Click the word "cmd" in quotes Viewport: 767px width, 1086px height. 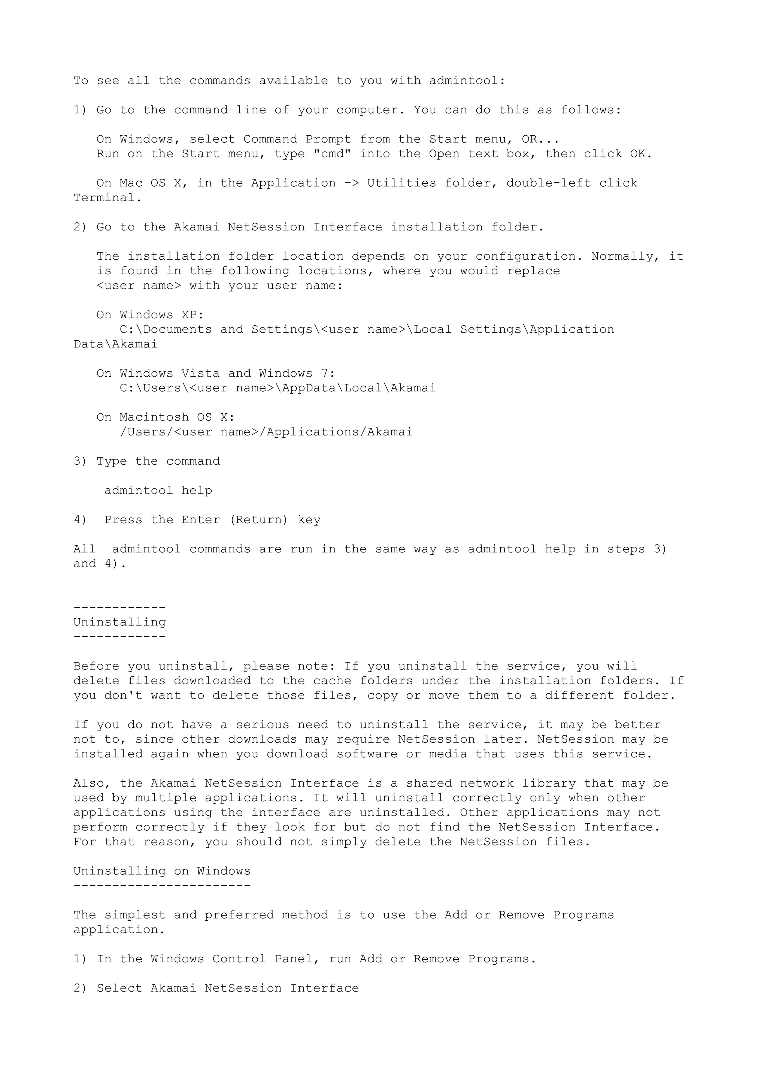[x=332, y=154]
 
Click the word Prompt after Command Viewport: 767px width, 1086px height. [x=328, y=139]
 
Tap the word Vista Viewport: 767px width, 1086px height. [x=200, y=374]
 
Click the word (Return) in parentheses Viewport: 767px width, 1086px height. [x=258, y=520]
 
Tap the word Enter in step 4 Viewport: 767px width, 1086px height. [x=201, y=520]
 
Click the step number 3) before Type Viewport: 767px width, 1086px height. [x=81, y=462]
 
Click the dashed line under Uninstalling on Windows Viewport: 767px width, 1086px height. [x=162, y=885]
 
